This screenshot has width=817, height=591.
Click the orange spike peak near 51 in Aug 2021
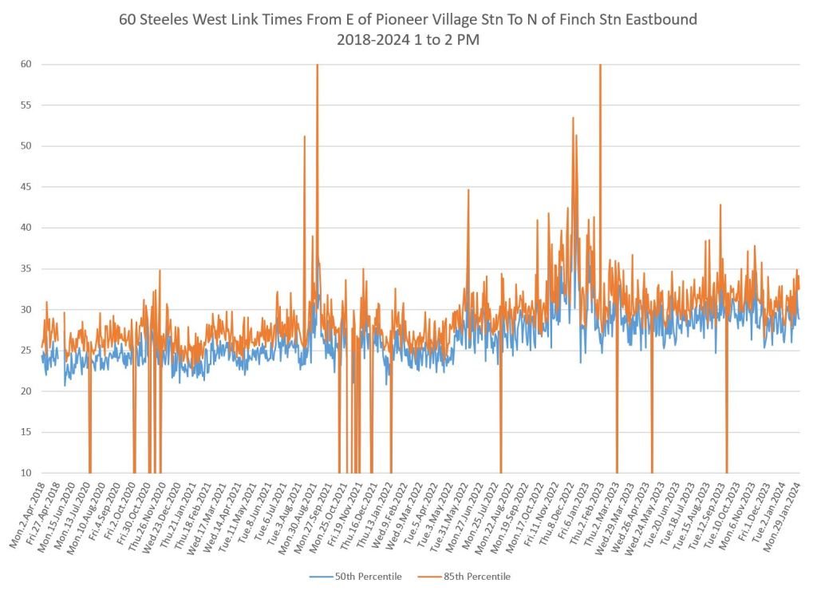click(304, 137)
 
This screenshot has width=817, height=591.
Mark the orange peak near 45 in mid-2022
click(468, 190)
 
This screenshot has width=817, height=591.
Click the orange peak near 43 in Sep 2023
click(720, 205)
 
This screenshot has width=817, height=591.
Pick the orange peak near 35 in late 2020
click(160, 270)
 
